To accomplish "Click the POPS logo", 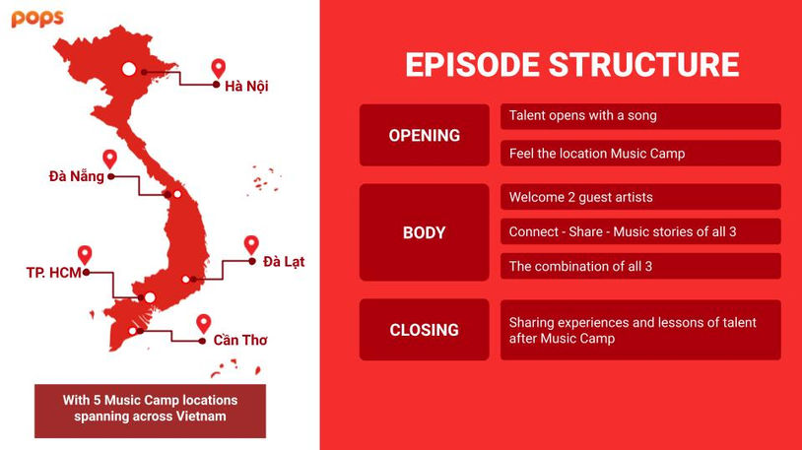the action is click(37, 19).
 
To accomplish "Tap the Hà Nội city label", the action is click(246, 86).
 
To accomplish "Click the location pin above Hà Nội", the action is click(219, 69).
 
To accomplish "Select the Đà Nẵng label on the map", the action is click(77, 176).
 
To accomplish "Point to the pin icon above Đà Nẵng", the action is click(110, 160).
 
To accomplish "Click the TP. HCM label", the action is click(54, 273).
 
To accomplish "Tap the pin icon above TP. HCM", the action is click(85, 255).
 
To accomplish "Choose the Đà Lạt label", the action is click(284, 262).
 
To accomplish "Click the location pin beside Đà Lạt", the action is click(251, 245).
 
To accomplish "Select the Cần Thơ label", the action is click(240, 340).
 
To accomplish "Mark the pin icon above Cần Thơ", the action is click(204, 324).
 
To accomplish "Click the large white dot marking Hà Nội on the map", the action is click(129, 69).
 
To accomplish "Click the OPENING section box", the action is click(425, 135).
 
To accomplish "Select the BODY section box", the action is click(425, 232).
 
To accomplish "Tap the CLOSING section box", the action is click(425, 330).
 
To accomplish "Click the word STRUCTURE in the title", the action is click(644, 64).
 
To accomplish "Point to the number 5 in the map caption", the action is click(97, 400).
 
